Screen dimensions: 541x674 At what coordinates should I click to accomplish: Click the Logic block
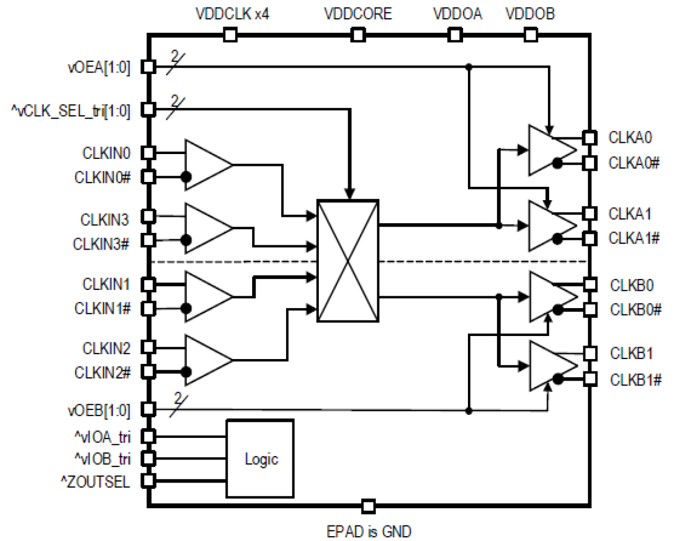click(x=260, y=459)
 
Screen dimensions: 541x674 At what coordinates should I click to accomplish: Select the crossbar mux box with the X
click(x=348, y=261)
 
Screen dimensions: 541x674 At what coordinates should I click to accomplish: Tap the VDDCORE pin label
click(x=358, y=13)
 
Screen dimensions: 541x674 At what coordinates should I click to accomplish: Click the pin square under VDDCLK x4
click(x=230, y=35)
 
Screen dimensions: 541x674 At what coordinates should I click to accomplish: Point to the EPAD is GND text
click(x=369, y=531)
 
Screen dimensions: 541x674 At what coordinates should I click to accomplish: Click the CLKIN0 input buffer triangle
click(x=207, y=165)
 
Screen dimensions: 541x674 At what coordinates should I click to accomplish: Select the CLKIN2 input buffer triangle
click(x=207, y=360)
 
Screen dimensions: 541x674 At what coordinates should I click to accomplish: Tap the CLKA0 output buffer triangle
click(x=550, y=150)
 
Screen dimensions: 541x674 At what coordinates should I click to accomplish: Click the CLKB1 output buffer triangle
click(x=551, y=365)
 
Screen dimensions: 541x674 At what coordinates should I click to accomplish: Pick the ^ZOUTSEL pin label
click(x=95, y=481)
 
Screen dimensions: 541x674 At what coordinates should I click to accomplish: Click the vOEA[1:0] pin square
click(x=149, y=67)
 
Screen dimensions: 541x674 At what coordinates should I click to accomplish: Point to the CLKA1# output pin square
click(x=590, y=238)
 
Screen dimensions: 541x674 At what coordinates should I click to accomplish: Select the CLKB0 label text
click(x=632, y=285)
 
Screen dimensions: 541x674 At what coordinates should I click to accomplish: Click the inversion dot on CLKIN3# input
click(x=186, y=240)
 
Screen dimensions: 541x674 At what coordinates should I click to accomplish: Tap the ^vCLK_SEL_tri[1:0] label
click(x=70, y=111)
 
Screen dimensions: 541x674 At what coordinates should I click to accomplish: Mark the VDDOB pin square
click(x=530, y=35)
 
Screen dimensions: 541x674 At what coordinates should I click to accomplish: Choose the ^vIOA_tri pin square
click(x=149, y=437)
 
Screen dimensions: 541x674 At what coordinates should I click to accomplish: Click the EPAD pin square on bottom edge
click(x=368, y=506)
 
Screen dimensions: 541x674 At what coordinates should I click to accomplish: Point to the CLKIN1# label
click(x=102, y=309)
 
